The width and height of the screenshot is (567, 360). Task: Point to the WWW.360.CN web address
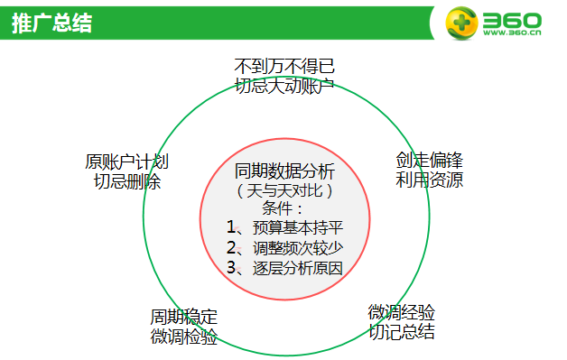511,35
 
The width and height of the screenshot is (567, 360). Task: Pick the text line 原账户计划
127,162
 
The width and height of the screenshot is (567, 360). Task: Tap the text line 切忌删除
127,181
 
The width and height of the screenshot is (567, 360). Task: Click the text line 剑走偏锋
430,161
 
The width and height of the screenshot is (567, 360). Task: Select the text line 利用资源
430,180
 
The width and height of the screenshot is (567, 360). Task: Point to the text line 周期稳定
184,318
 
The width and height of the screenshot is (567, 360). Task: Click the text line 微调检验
184,337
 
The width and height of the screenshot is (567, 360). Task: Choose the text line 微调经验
402,312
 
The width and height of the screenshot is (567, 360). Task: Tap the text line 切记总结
402,331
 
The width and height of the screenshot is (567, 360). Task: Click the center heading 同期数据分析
284,171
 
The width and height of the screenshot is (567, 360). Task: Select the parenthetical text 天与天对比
284,190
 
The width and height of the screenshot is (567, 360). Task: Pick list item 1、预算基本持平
284,227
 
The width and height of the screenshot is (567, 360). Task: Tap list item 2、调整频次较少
284,247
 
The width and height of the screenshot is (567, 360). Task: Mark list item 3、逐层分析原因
284,267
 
